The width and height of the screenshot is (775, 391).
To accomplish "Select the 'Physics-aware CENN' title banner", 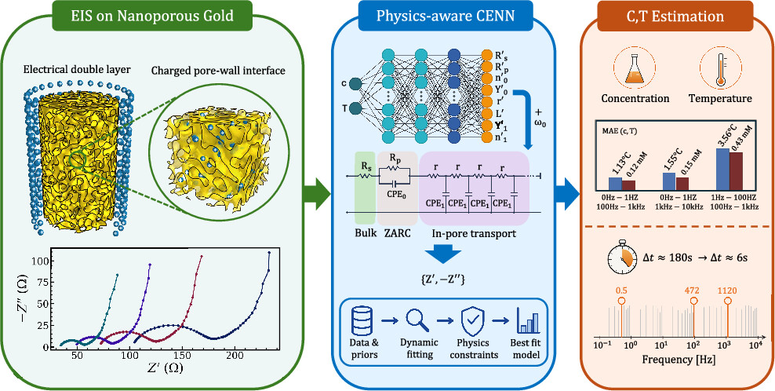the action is coord(444,16).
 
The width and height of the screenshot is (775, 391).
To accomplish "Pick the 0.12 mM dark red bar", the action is coord(628,185).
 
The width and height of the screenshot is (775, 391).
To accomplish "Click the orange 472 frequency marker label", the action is coord(693,290).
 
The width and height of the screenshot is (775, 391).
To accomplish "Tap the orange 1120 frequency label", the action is coord(728,290).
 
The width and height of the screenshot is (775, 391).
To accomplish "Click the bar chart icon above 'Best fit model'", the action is coord(526,322).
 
